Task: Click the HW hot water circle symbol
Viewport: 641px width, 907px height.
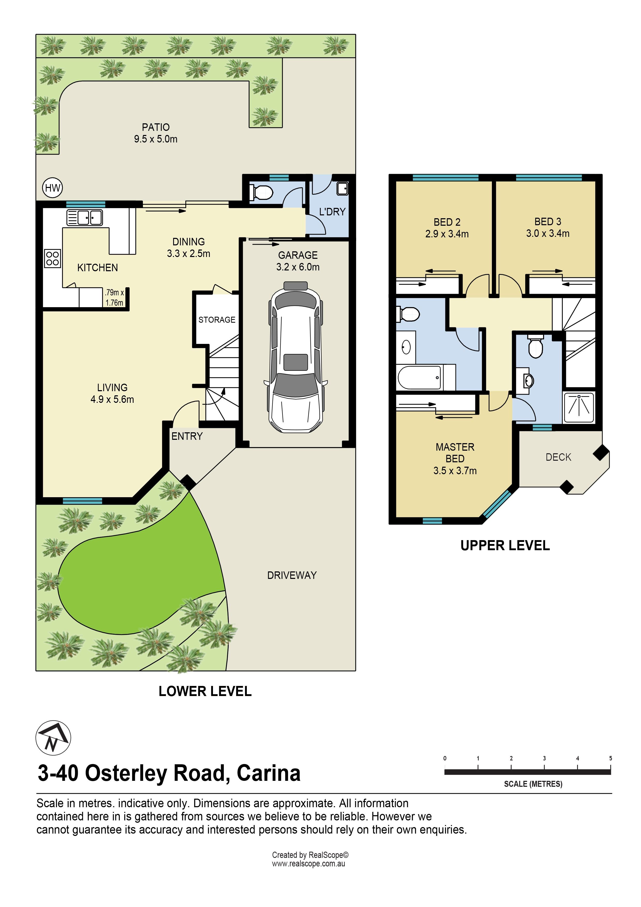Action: tap(52, 188)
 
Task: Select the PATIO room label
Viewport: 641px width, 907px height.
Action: tap(156, 127)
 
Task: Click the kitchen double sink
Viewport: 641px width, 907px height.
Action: tap(85, 217)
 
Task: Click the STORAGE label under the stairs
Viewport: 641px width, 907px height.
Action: tap(217, 320)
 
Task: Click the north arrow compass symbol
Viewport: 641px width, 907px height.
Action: tap(53, 738)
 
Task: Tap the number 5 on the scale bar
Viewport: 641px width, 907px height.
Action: tap(611, 758)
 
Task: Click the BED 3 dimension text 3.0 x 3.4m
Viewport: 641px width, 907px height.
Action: tap(548, 233)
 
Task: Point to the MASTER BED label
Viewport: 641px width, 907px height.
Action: tap(455, 453)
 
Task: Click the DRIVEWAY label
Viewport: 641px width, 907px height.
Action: tap(292, 575)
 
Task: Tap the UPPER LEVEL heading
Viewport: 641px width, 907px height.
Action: tap(505, 546)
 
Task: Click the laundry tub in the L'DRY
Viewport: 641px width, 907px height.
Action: tap(342, 188)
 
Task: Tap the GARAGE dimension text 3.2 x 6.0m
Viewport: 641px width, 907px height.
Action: tap(298, 267)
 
